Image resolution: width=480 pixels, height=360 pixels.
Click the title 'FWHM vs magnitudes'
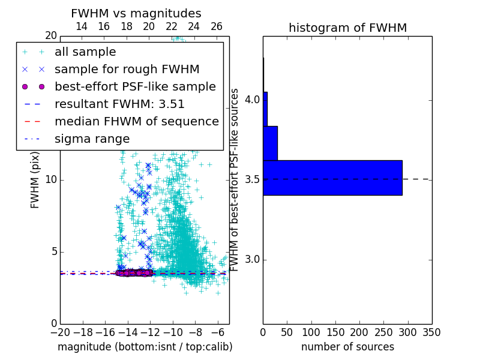(x=136, y=14)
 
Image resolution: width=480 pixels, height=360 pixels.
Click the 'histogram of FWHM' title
(x=347, y=28)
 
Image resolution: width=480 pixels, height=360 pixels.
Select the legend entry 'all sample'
(x=85, y=52)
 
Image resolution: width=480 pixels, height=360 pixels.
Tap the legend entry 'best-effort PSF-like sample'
(x=135, y=86)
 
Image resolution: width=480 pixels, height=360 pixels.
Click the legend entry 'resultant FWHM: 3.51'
(x=119, y=104)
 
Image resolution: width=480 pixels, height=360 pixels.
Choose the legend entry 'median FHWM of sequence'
(x=136, y=121)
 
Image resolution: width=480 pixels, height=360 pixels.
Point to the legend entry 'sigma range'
(x=92, y=139)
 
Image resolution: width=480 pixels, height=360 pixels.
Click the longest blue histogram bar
(x=332, y=178)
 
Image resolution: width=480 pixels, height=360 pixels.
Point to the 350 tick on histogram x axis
(x=431, y=332)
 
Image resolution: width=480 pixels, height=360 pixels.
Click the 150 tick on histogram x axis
(x=335, y=332)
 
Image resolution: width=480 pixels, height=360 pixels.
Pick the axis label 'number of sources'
(x=347, y=347)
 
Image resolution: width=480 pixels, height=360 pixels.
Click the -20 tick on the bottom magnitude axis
(x=59, y=332)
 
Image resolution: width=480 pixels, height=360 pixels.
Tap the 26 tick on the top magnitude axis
(x=217, y=26)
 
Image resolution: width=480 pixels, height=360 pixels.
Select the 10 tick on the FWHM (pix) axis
(x=50, y=180)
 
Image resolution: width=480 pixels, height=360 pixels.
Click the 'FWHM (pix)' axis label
(x=35, y=180)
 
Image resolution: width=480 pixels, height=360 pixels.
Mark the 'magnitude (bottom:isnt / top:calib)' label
(x=145, y=347)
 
